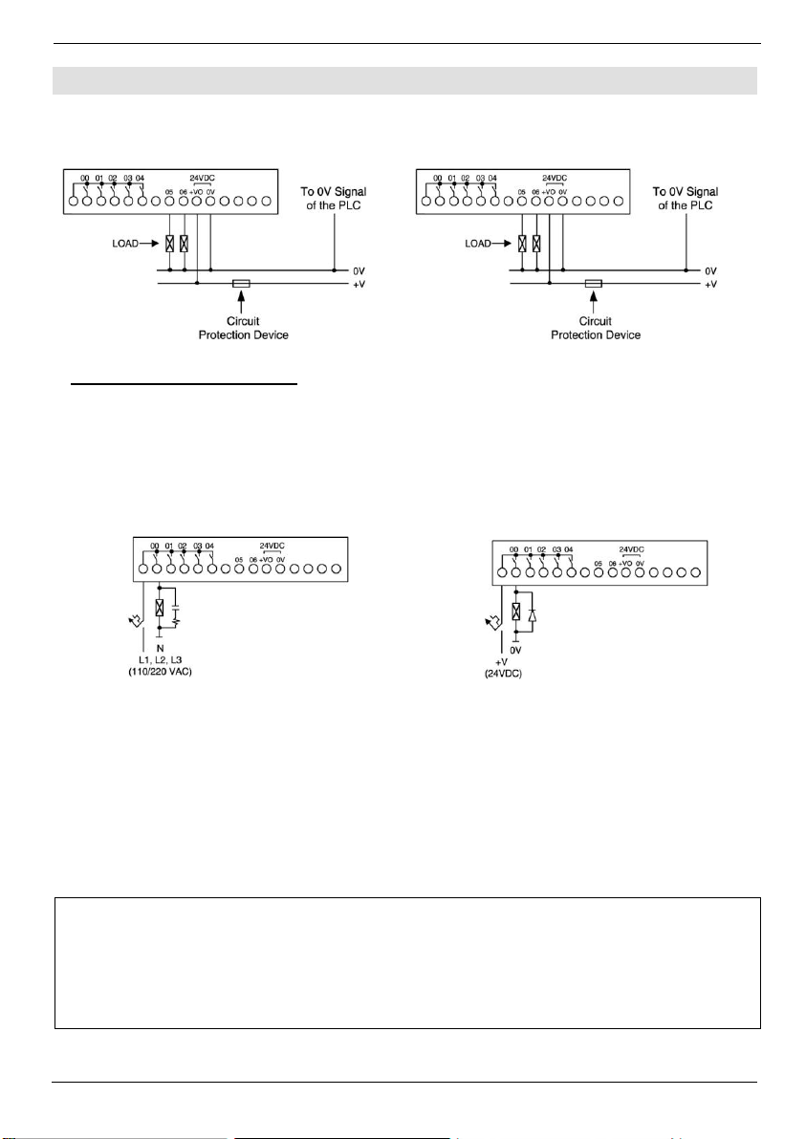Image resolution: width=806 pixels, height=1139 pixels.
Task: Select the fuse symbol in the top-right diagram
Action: (x=593, y=284)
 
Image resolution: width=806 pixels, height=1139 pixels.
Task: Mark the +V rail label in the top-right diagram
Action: (x=709, y=284)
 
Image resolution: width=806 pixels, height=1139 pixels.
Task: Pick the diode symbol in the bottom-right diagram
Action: (x=533, y=613)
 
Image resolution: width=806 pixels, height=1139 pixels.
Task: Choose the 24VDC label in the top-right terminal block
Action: (x=555, y=179)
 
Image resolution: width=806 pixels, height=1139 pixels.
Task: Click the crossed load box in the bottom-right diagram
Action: (x=516, y=613)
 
